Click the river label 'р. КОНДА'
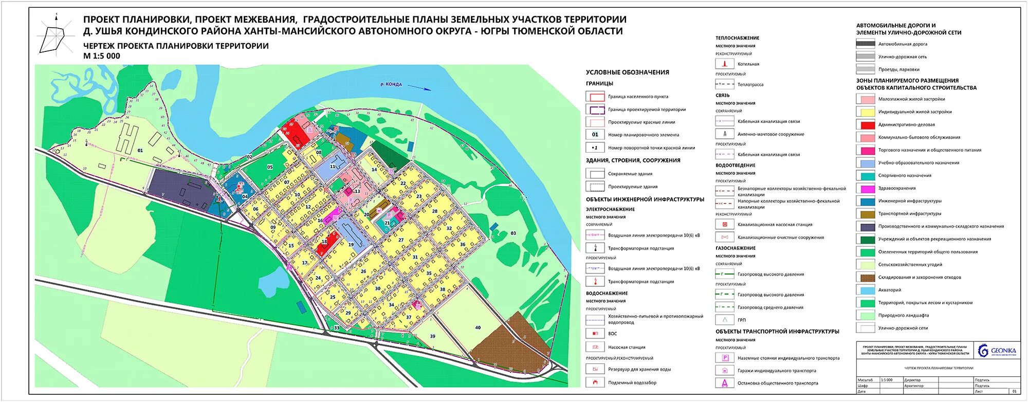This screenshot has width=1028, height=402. pos(391,84)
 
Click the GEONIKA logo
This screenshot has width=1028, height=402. pos(997,351)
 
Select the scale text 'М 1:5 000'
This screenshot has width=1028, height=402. pos(102,56)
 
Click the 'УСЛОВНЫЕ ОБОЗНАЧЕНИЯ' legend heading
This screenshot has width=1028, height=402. pos(627,72)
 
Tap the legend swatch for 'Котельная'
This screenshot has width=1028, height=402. pos(725,64)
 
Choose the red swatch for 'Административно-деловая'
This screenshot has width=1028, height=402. pos(866,124)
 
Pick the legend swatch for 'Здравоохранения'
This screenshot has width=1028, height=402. pos(866,188)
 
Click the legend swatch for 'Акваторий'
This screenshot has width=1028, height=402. pos(866,290)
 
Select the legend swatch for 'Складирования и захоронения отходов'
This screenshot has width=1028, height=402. pos(866,277)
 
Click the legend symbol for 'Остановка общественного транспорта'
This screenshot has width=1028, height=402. pos(725,383)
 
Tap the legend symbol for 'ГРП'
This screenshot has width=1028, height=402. pos(725,320)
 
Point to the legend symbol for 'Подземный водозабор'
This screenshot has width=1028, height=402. pos(595,382)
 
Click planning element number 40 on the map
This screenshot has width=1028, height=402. pos(478,327)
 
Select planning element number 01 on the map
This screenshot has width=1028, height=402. pos(140,151)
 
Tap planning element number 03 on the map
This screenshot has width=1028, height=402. pos(513,233)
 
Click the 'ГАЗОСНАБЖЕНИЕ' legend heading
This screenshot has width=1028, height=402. pos(736,248)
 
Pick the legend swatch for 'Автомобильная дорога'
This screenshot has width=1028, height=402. pos(866,44)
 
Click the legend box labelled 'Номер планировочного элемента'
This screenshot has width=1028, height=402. pos(595,135)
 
